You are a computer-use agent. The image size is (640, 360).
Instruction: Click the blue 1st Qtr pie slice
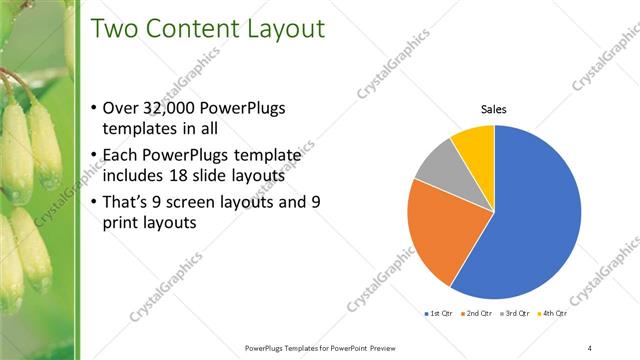(x=530, y=220)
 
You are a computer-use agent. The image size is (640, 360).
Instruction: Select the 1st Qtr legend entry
(x=437, y=314)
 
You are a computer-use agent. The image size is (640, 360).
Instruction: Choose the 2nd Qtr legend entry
(x=476, y=314)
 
